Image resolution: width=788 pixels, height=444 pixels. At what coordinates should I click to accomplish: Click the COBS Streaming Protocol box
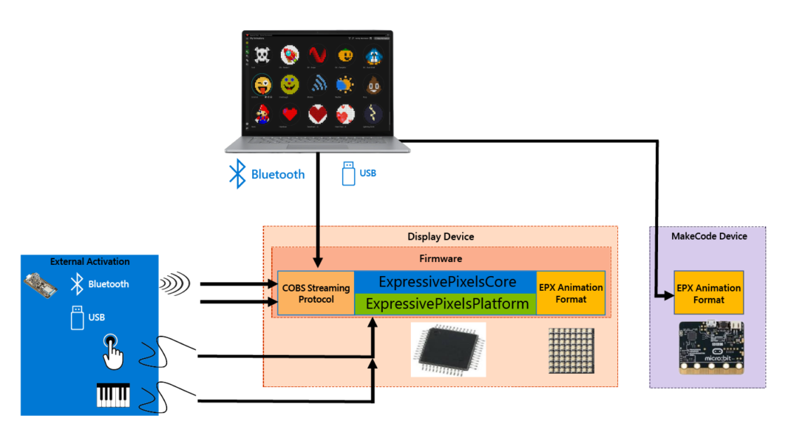[x=316, y=293]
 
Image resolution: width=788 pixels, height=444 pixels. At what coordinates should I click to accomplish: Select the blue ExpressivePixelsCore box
[x=445, y=282]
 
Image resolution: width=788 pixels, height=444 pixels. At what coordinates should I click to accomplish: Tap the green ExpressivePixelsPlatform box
[x=445, y=304]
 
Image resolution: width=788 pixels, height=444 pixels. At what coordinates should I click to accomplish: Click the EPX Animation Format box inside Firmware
[x=571, y=293]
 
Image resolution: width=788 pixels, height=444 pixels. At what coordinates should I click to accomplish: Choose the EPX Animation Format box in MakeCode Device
[x=708, y=294]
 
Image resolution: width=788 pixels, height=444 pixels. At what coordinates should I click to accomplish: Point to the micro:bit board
[x=710, y=347]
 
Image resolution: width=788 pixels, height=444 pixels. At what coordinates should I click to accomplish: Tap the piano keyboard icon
[x=113, y=394]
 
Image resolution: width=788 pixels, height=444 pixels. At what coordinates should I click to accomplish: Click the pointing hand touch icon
[x=112, y=350]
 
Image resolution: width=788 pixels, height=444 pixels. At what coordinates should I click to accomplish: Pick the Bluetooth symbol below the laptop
[x=237, y=174]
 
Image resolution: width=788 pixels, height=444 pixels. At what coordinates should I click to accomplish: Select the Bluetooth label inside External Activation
[x=108, y=284]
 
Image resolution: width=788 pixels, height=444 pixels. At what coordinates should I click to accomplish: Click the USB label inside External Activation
[x=97, y=317]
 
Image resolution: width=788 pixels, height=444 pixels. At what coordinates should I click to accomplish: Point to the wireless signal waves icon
[x=174, y=283]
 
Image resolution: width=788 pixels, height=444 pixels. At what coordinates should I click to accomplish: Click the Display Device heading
[x=441, y=237]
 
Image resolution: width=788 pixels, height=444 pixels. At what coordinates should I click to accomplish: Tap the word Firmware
[x=441, y=259]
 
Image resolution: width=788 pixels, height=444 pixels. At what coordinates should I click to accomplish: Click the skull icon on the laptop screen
[x=262, y=55]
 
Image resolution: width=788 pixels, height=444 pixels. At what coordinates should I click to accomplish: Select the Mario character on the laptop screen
[x=262, y=114]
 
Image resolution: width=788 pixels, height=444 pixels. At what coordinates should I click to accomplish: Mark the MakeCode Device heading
[x=708, y=236]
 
